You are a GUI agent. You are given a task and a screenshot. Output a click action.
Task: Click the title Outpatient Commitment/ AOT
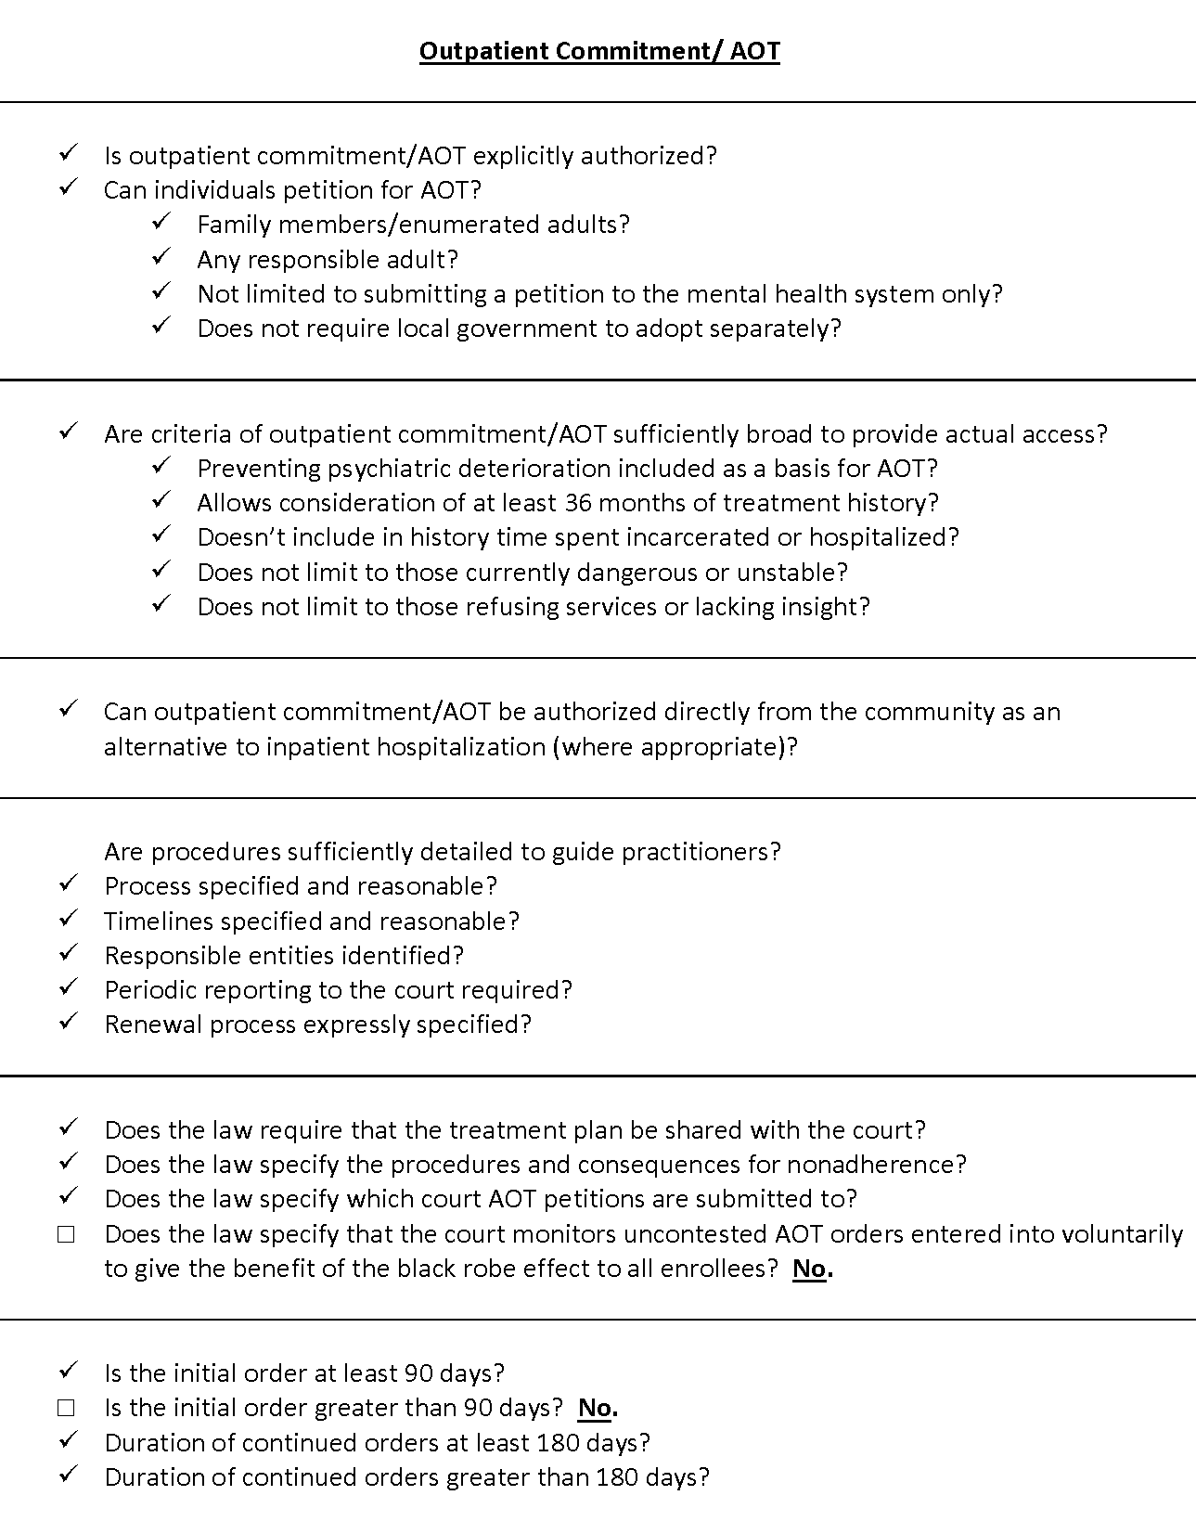(599, 50)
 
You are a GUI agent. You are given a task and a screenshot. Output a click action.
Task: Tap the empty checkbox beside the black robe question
(66, 1234)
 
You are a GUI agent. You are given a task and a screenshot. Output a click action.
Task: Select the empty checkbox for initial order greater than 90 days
(66, 1408)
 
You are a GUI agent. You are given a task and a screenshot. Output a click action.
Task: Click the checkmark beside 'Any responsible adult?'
(161, 257)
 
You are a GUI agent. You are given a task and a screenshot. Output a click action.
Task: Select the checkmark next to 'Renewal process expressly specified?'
(68, 1022)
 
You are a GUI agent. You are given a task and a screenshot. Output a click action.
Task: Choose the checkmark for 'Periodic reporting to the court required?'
(68, 987)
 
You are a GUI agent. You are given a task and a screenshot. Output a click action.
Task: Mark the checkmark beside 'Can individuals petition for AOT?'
(68, 187)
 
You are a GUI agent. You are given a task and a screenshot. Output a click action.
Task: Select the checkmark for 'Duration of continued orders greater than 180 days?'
(68, 1475)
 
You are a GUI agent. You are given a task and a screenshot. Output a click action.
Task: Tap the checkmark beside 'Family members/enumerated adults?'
(161, 222)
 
